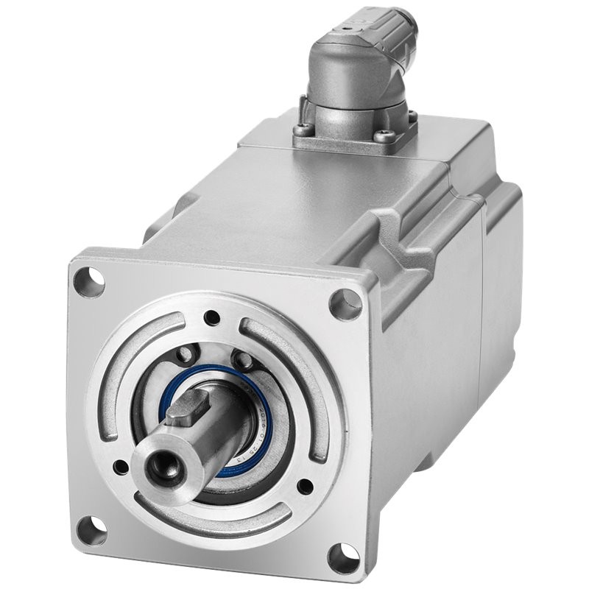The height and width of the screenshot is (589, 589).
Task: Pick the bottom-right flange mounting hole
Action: pos(343,557)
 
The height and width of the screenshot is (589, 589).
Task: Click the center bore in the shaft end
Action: pos(160,466)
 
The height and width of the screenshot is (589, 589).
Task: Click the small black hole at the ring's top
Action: pos(212,318)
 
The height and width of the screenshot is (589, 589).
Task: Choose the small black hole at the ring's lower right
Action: pos(304,486)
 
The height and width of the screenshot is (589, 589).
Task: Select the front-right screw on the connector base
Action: pos(384,136)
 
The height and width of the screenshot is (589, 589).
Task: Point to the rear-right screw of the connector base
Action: pos(412,116)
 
